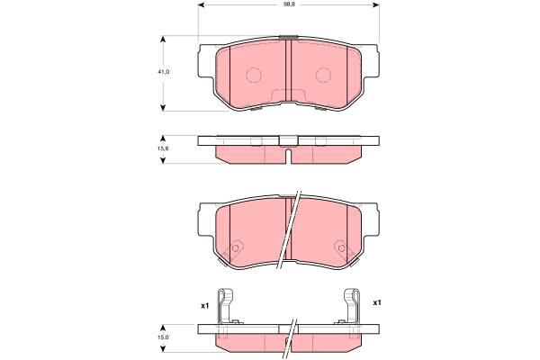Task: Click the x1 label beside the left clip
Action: pos(204,305)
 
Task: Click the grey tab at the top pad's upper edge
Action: pos(288,38)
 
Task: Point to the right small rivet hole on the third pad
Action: pos(340,248)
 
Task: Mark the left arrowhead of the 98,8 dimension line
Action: pos(202,5)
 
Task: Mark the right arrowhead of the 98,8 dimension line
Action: pos(377,5)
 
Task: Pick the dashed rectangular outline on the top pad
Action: pos(288,97)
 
